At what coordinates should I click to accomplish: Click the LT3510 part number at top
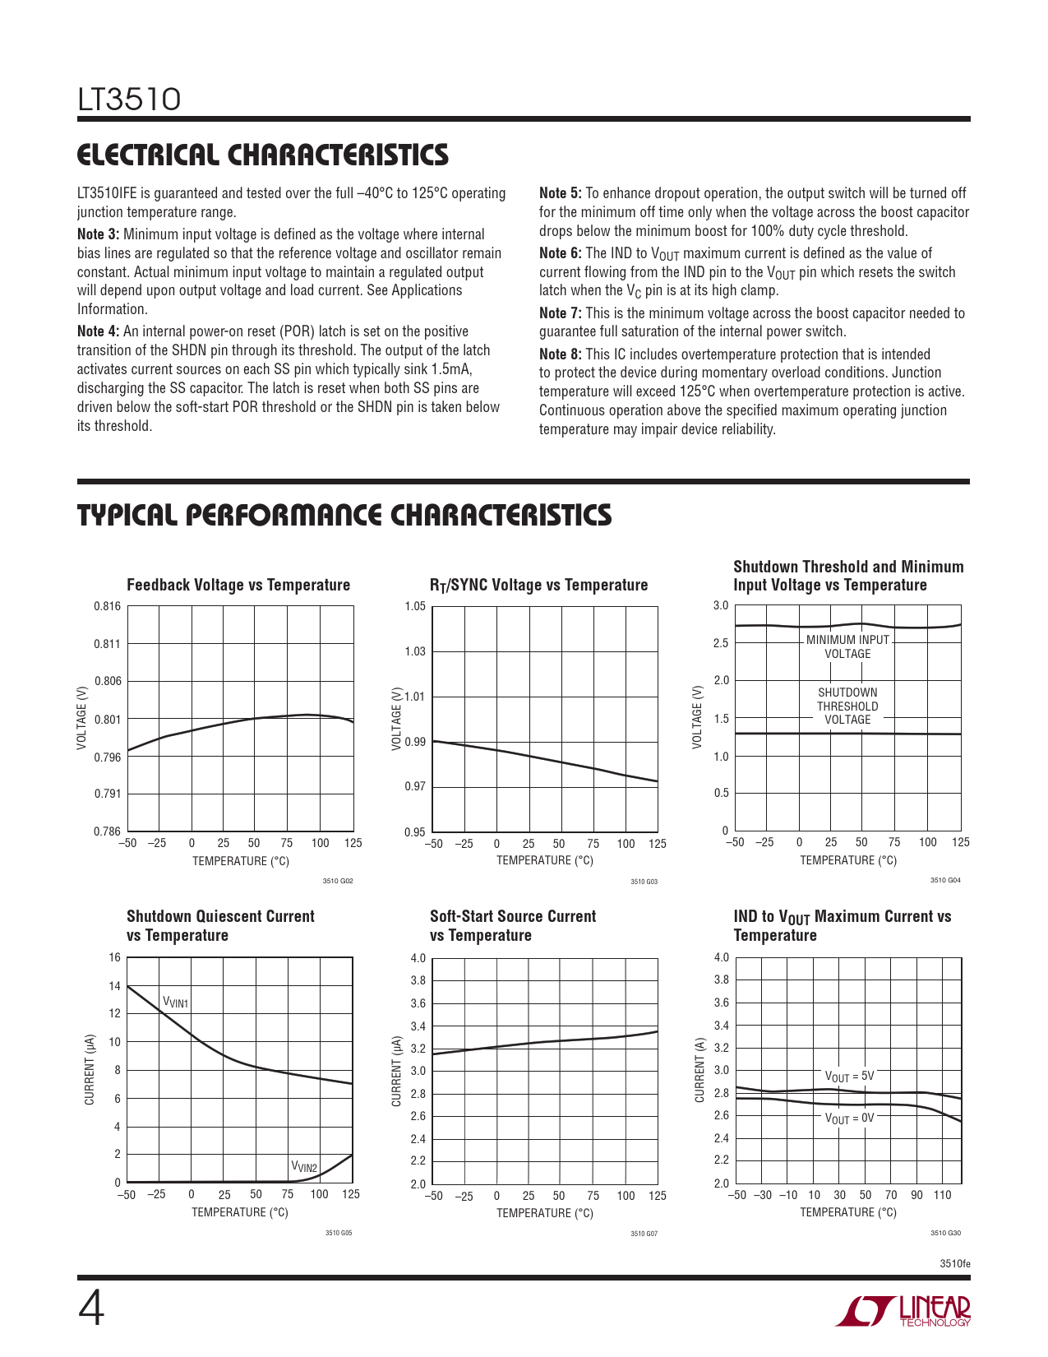(129, 100)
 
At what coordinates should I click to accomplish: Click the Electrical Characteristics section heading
(263, 155)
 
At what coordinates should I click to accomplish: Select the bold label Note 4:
(99, 331)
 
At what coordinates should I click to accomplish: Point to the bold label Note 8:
(561, 354)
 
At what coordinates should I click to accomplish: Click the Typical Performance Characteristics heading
(344, 515)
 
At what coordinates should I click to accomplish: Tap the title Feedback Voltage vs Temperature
(238, 585)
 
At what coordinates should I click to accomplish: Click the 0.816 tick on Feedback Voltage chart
(108, 606)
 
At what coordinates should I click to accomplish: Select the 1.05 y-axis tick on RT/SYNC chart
(415, 607)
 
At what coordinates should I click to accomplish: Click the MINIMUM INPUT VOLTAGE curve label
(847, 646)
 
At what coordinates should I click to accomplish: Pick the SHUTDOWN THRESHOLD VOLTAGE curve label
(847, 706)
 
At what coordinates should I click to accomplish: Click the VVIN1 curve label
(176, 1002)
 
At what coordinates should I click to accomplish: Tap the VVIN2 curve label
(304, 1167)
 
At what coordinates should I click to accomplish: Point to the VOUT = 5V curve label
(849, 1076)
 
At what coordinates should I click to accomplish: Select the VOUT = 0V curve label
(849, 1118)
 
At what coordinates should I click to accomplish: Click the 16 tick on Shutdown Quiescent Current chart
(114, 957)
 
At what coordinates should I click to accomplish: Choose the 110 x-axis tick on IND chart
(942, 1195)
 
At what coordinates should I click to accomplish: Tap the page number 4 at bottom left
(91, 1310)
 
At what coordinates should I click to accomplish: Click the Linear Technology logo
(903, 1311)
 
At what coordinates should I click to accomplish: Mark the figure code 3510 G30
(945, 1233)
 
